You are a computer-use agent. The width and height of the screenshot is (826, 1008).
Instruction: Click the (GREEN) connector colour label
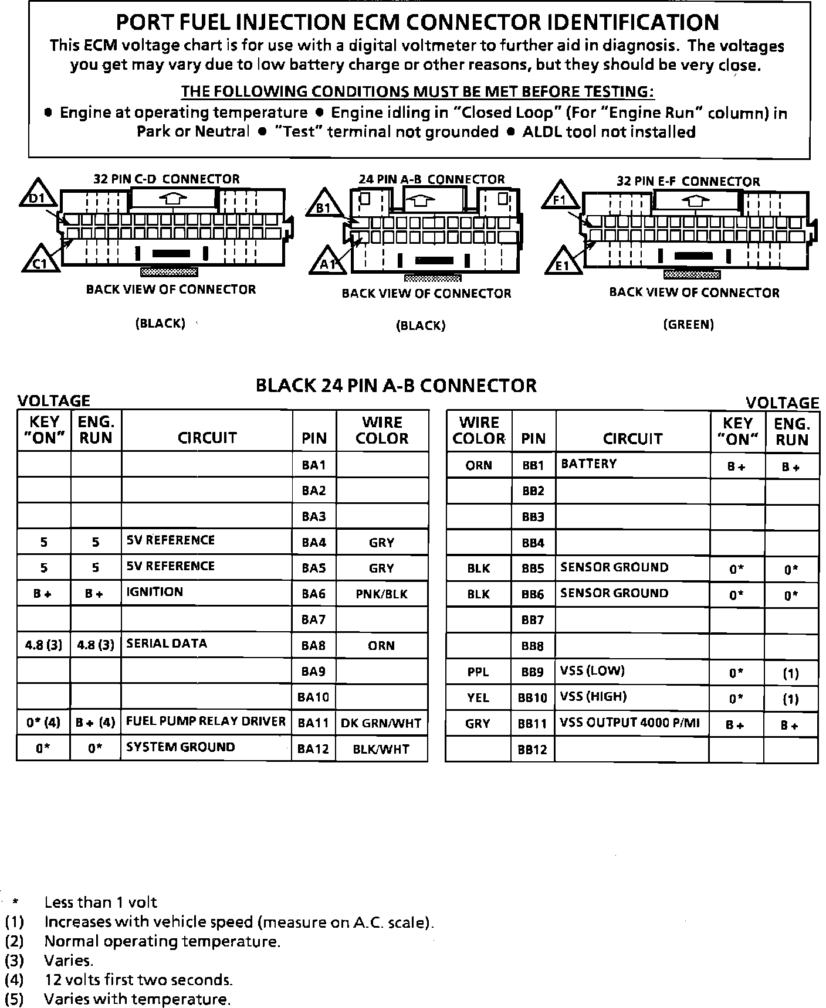tap(688, 325)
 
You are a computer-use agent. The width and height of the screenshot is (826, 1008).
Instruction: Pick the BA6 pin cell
tap(314, 594)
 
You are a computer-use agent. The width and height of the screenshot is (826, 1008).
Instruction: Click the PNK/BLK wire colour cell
tap(382, 594)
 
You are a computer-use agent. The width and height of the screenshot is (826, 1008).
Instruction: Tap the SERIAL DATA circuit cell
tap(206, 644)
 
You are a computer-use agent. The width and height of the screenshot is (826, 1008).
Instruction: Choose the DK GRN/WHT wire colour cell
tap(381, 723)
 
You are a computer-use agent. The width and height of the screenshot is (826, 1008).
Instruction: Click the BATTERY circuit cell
tap(632, 464)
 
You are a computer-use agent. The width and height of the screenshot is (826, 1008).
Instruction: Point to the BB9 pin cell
tap(533, 672)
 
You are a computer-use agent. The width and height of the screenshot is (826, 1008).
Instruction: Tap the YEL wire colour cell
tap(478, 697)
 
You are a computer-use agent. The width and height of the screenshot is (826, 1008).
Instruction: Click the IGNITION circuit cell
tap(206, 592)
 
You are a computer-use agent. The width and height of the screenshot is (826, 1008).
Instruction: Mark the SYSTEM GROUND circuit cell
tap(206, 747)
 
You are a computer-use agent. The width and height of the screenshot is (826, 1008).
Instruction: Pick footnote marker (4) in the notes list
tap(14, 980)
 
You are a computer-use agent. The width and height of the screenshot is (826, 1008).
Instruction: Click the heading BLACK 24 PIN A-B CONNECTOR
tap(396, 386)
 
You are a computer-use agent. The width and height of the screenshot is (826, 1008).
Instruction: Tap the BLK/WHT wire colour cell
tap(381, 749)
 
